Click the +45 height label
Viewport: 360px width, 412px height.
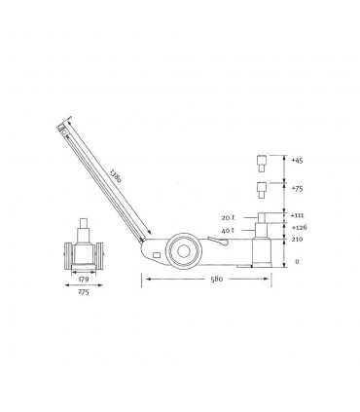click(x=298, y=160)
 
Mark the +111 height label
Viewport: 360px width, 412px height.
click(x=298, y=216)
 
